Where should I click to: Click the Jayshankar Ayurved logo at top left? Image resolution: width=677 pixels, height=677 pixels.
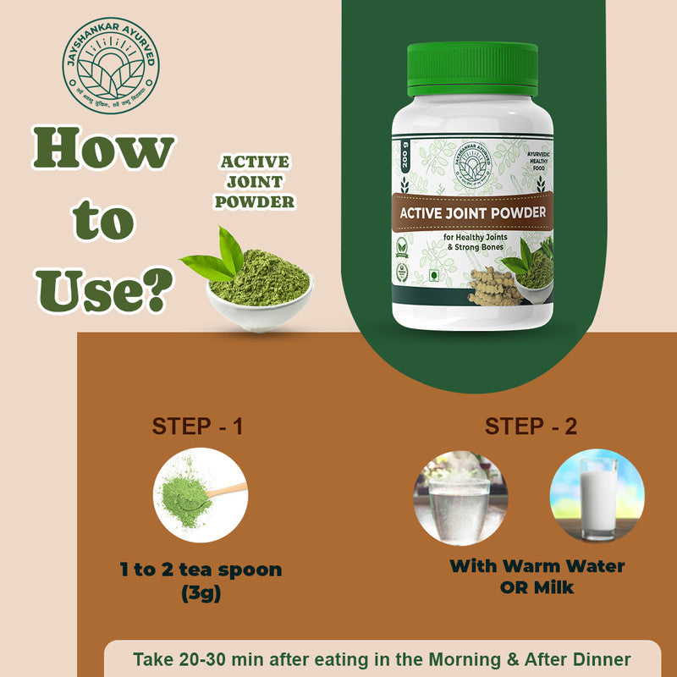click(110, 65)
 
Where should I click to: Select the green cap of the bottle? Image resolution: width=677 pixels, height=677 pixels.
click(472, 67)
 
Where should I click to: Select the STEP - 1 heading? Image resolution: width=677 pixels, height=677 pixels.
click(197, 426)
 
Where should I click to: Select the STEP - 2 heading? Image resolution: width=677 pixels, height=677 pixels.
click(531, 426)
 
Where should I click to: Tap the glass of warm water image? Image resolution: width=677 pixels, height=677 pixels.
click(460, 496)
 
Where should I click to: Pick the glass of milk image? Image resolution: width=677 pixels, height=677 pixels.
click(597, 496)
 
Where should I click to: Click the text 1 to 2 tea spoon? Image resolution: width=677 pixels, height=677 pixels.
click(200, 570)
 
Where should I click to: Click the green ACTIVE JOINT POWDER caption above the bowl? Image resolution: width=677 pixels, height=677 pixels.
click(255, 181)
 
